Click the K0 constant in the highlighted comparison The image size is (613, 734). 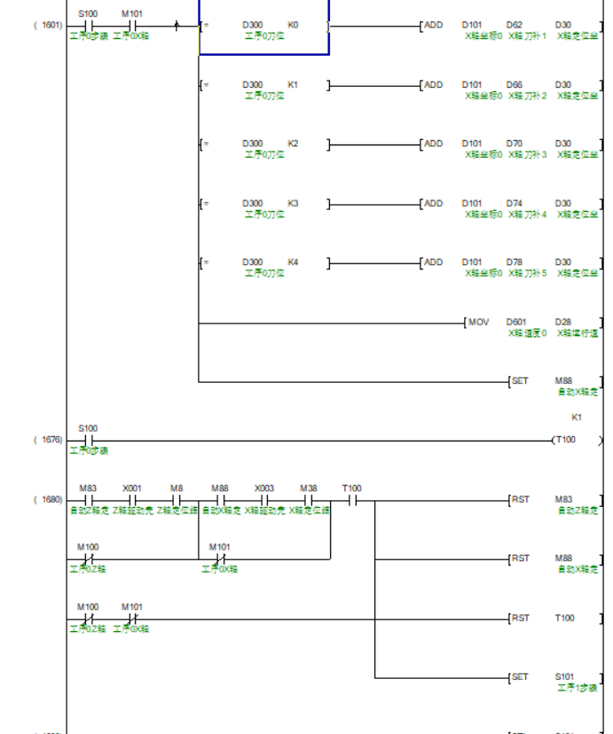294,25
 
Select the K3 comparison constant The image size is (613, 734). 294,203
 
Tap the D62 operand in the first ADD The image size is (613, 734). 514,25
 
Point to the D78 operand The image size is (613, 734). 514,262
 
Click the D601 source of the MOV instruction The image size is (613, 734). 515,322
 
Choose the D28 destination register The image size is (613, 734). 562,322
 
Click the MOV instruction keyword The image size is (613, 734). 478,322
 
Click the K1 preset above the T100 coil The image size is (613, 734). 576,417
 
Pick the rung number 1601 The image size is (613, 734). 48,26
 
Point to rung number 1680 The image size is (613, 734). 48,500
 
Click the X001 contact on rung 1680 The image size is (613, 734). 132,500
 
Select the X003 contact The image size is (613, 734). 264,500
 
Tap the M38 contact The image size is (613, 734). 308,500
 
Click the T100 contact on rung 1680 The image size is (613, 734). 352,500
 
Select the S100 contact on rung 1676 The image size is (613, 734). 88,440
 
